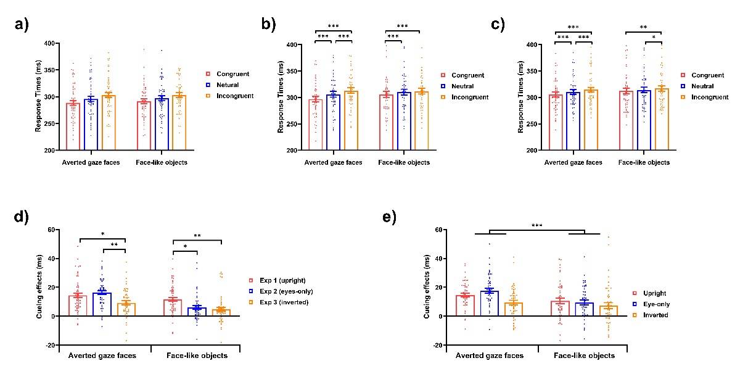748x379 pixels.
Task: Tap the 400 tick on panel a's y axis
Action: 51,43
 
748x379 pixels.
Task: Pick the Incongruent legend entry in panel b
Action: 469,98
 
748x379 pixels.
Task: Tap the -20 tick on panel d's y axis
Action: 49,344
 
